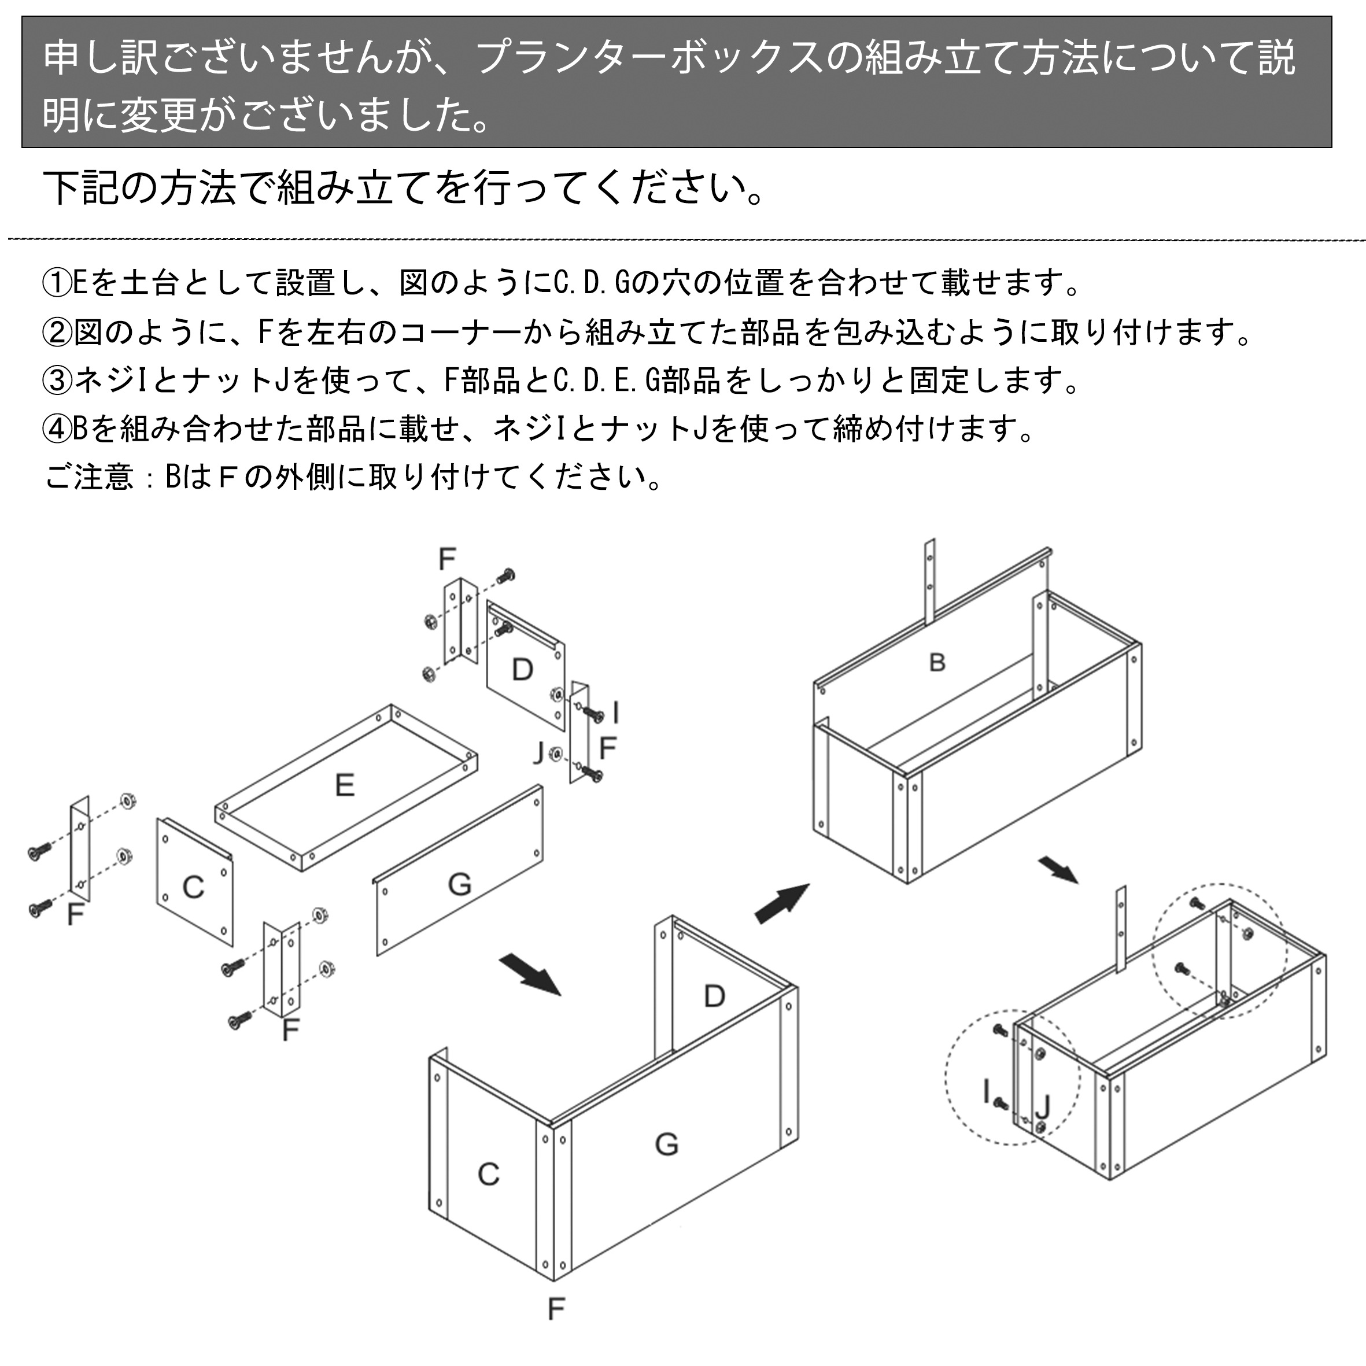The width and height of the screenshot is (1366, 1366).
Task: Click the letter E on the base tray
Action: [344, 785]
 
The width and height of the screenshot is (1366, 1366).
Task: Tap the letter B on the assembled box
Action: [937, 663]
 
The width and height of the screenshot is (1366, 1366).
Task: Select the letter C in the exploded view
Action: [193, 887]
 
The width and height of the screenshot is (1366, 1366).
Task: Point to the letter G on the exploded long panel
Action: [460, 884]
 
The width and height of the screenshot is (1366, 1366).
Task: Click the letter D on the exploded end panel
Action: [522, 669]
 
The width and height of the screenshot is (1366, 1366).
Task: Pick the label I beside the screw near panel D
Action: [616, 712]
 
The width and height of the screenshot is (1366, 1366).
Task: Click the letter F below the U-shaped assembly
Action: [556, 1309]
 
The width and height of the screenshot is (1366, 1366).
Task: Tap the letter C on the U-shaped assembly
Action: [489, 1175]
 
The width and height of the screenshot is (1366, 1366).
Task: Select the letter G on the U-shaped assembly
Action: [666, 1143]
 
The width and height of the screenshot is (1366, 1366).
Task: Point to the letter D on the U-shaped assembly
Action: [715, 996]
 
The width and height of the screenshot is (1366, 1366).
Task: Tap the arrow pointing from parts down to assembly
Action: [530, 975]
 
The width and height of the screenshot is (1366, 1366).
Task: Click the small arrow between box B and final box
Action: [1058, 870]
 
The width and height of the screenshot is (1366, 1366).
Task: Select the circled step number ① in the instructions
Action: [57, 283]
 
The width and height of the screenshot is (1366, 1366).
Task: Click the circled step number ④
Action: [57, 429]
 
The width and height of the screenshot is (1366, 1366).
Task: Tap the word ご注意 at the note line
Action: [89, 477]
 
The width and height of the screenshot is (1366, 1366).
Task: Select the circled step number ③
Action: [57, 381]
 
